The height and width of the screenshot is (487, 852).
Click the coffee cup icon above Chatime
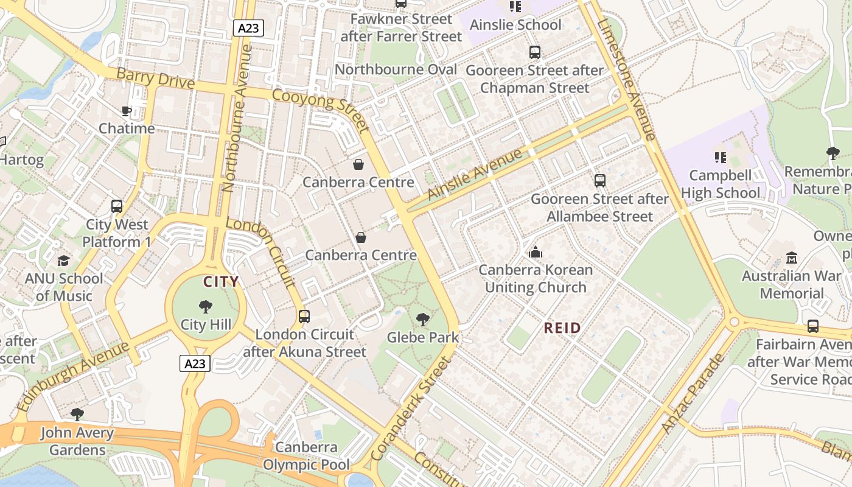pyautogui.click(x=126, y=111)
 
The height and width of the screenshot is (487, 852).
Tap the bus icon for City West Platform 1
pyautogui.click(x=116, y=206)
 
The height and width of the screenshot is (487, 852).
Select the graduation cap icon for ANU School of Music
pyautogui.click(x=64, y=261)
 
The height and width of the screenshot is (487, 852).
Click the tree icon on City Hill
pyautogui.click(x=206, y=306)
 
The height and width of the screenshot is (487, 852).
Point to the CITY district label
pyautogui.click(x=221, y=282)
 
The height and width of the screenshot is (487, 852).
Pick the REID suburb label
pyautogui.click(x=562, y=328)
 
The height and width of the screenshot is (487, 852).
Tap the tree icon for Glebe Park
pyautogui.click(x=422, y=319)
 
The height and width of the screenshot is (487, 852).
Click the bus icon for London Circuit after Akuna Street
pyautogui.click(x=304, y=317)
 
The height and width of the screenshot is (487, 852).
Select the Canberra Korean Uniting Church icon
pyautogui.click(x=536, y=251)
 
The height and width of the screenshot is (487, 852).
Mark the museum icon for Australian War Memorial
pyautogui.click(x=791, y=258)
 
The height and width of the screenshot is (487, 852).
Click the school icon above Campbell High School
pyautogui.click(x=721, y=158)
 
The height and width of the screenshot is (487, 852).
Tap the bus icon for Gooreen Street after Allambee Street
pyautogui.click(x=599, y=181)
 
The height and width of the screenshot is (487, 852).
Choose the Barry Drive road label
pyautogui.click(x=155, y=79)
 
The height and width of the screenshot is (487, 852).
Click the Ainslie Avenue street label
pyautogui.click(x=475, y=174)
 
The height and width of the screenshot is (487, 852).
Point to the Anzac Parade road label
pyautogui.click(x=693, y=393)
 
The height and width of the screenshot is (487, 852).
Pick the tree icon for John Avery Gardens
pyautogui.click(x=77, y=415)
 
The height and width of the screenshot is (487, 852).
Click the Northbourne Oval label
pyautogui.click(x=396, y=69)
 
